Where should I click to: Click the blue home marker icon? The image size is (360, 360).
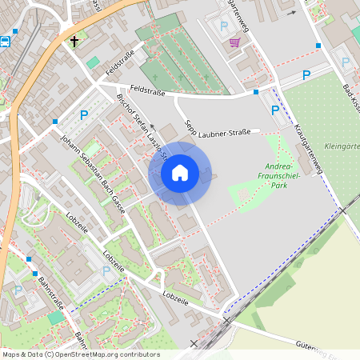pyautogui.click(x=180, y=173)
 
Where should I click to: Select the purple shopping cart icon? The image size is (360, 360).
pyautogui.click(x=234, y=42)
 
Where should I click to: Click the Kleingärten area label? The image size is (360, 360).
pyautogui.click(x=341, y=146)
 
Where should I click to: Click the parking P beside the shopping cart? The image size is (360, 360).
pyautogui.click(x=223, y=26)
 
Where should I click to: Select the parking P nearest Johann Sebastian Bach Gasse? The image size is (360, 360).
pyautogui.click(x=83, y=115)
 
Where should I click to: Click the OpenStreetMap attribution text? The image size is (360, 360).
pyautogui.click(x=81, y=354)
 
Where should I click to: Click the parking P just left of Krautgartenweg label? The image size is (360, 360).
pyautogui.click(x=275, y=110)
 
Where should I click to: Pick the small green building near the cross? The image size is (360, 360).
pyautogui.click(x=94, y=62)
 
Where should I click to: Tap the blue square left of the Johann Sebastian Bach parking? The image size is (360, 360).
pyautogui.click(x=55, y=122)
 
